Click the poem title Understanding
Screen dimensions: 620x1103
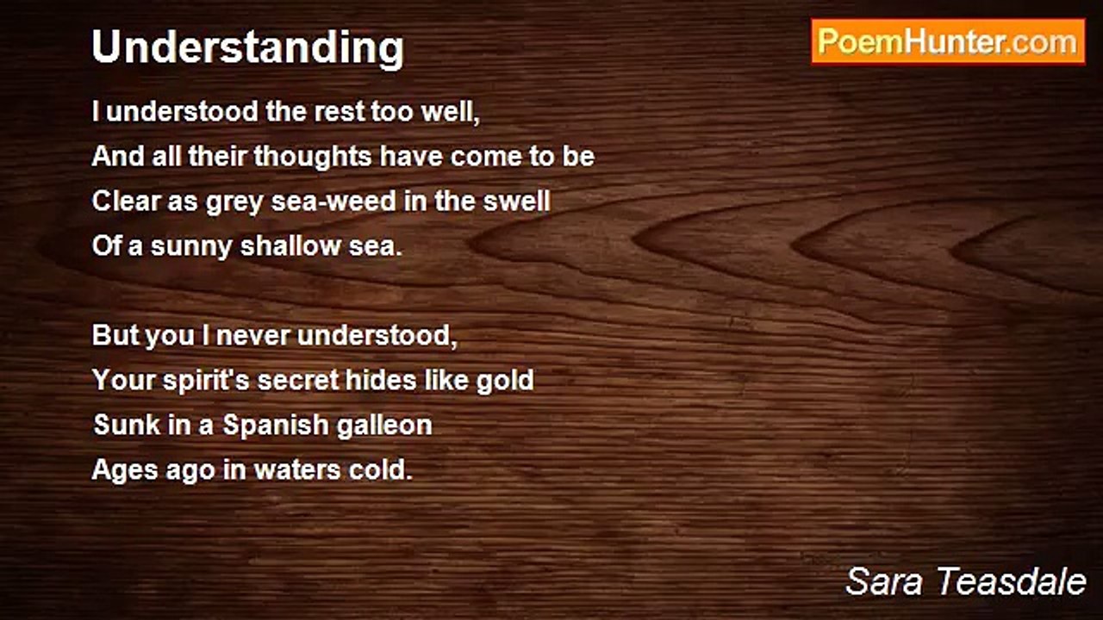[247, 47]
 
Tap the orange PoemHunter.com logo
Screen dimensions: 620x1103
[948, 41]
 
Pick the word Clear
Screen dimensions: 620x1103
[126, 201]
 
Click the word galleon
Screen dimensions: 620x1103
[384, 425]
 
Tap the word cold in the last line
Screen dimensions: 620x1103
[384, 470]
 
